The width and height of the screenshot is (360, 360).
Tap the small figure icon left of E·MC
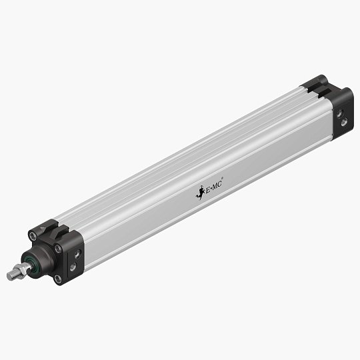coord(199,193)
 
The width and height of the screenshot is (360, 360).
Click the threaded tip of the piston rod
coord(11,275)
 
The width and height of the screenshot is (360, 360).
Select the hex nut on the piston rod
coord(22,269)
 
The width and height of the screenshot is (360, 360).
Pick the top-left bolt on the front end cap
coord(33,235)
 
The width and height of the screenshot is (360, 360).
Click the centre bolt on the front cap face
coord(59,249)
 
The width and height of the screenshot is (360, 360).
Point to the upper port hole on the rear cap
coord(343,115)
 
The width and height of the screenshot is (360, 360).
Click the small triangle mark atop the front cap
coord(41,229)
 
